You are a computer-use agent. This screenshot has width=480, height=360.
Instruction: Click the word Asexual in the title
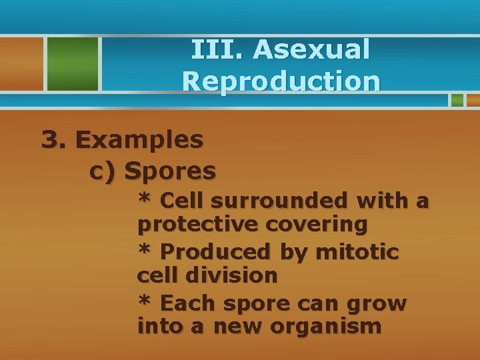click(x=311, y=49)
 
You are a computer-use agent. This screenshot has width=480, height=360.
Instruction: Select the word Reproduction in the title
click(x=281, y=81)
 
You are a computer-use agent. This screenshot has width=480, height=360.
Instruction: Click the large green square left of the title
click(x=71, y=63)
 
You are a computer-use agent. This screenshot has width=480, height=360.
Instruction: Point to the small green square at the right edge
click(x=457, y=100)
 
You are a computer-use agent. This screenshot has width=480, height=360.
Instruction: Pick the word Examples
click(x=139, y=140)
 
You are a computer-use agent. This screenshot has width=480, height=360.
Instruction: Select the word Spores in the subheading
click(x=170, y=171)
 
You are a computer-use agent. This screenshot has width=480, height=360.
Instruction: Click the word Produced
click(x=215, y=252)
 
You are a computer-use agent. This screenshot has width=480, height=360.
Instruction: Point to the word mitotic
click(x=357, y=252)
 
